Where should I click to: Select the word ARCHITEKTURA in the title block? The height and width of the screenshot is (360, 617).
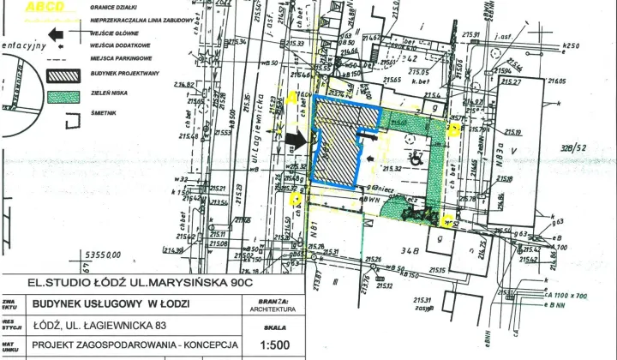coord(272,310)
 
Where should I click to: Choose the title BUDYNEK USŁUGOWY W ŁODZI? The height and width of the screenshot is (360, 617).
coord(111,304)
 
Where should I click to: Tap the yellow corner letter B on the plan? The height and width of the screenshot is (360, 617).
coord(455,129)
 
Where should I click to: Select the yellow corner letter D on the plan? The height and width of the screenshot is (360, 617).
coord(295,200)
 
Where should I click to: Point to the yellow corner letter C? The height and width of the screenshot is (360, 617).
coord(447,219)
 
